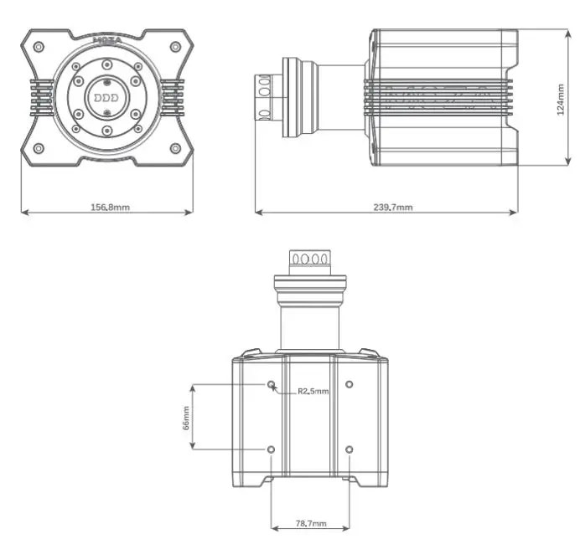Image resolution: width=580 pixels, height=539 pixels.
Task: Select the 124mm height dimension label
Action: point(561,98)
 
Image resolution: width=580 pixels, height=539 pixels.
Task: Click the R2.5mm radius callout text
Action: point(313,391)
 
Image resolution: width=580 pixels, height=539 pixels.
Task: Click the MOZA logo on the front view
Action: point(106,38)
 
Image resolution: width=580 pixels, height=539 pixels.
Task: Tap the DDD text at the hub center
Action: point(106,97)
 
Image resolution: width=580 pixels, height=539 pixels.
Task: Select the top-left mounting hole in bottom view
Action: point(272,385)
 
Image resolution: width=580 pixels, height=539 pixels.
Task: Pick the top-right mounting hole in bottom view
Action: point(350,385)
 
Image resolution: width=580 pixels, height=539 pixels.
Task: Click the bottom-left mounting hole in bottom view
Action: point(272,449)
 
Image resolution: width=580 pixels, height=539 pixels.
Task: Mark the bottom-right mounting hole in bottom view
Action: point(350,449)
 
